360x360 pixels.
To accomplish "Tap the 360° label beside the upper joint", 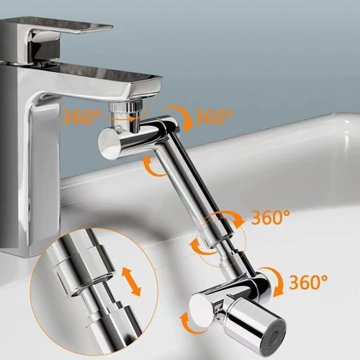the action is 213,117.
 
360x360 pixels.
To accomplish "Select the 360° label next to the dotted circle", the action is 271,217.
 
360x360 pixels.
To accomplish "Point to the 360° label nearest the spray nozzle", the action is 308,282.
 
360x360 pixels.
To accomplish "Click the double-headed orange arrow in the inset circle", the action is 131,282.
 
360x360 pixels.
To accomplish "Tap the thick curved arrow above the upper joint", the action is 179,117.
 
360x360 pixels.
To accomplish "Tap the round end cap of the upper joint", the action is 109,143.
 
